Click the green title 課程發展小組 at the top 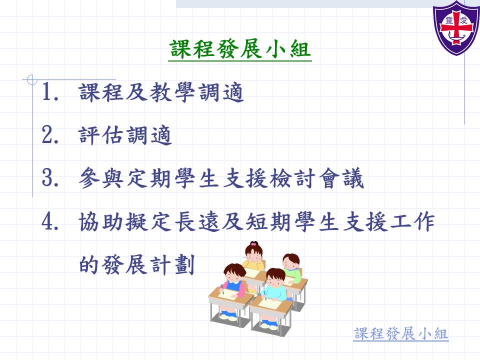tap(240, 49)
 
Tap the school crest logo tap(456, 27)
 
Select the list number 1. tap(50, 91)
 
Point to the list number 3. tap(50, 178)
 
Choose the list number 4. tap(50, 221)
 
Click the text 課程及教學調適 tap(161, 92)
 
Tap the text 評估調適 tap(125, 135)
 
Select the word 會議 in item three tap(341, 178)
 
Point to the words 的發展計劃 tap(137, 265)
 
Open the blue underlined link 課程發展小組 tap(400, 333)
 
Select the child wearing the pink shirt tap(234, 280)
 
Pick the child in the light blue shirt tap(275, 284)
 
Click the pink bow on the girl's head tap(253, 244)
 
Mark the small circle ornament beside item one tap(31, 80)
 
